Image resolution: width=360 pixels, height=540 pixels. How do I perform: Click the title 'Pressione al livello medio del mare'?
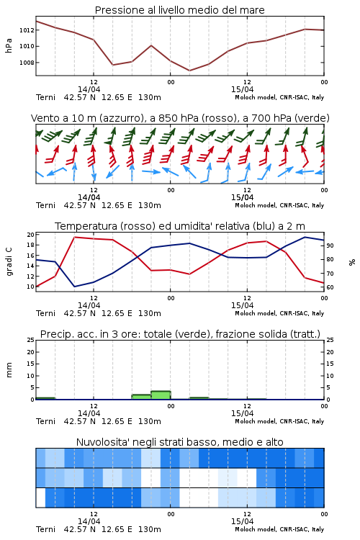[x=179, y=10]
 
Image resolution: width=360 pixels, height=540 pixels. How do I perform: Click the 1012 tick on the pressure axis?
[x=27, y=30]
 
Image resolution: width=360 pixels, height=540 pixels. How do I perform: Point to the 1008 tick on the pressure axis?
[x=27, y=63]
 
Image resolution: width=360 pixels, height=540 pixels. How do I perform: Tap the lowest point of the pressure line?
[x=189, y=71]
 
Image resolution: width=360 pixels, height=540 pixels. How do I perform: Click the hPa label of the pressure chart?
[x=9, y=45]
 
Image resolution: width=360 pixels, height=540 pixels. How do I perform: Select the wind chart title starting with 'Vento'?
[x=180, y=118]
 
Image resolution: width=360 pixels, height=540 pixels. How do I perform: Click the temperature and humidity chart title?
[x=180, y=226]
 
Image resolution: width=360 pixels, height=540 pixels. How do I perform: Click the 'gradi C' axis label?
[x=9, y=262]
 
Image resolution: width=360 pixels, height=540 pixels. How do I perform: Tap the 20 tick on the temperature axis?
[x=30, y=235]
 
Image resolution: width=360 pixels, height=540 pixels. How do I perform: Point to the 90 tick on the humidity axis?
[x=330, y=246]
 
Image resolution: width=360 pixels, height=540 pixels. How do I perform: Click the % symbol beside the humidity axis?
[x=352, y=262]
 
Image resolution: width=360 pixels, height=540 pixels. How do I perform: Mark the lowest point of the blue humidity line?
[x=74, y=287]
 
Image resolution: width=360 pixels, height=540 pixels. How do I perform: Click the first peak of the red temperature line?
[x=74, y=237]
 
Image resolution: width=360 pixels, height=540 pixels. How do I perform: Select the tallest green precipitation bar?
[x=161, y=395]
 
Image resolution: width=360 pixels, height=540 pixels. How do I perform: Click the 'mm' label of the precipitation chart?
[x=9, y=370]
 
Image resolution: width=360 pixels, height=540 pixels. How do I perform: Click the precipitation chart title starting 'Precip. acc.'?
[x=180, y=334]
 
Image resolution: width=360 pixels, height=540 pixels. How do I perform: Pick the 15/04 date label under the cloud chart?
[x=242, y=521]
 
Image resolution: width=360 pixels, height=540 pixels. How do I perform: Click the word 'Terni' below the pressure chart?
[x=45, y=97]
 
